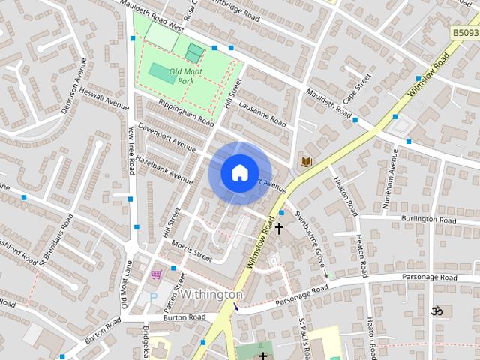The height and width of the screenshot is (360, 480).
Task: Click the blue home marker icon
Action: [239, 173]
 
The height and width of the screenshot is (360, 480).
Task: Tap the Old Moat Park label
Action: [185, 75]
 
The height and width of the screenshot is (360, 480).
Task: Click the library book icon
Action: [306, 161]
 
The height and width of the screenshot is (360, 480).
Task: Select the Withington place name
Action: [211, 295]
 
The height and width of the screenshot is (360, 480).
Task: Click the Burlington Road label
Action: [428, 220]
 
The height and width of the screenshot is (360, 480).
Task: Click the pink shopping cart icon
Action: [156, 275]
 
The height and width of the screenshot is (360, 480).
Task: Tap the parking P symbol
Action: [154, 297]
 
